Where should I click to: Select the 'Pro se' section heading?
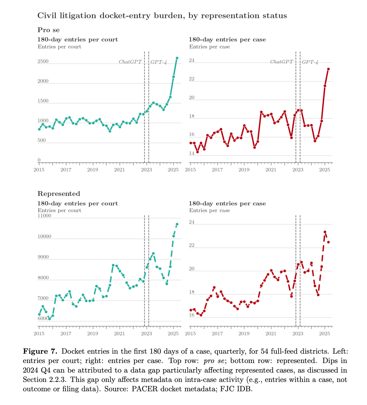(x=48, y=30)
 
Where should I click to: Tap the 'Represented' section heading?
(x=59, y=194)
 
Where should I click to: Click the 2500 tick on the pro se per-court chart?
(x=43, y=61)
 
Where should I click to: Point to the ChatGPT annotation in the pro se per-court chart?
(x=130, y=62)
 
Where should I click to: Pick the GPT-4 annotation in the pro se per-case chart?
(x=310, y=62)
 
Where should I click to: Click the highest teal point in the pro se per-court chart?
(x=177, y=58)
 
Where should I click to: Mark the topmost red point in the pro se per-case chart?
(x=328, y=69)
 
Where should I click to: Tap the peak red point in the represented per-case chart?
(x=325, y=232)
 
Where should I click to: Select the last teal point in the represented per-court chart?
(x=177, y=224)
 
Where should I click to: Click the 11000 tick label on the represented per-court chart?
(x=45, y=216)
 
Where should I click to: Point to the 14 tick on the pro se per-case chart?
(x=192, y=153)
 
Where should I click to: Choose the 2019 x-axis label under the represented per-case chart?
(x=244, y=333)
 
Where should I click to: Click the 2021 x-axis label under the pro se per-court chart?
(x=119, y=170)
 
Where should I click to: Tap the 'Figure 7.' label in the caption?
(x=40, y=351)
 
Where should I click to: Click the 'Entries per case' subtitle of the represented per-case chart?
(x=209, y=210)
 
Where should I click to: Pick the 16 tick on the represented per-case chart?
(x=192, y=315)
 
